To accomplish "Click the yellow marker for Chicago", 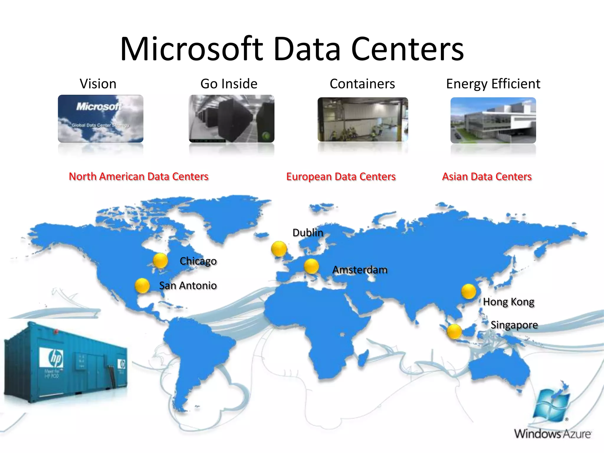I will click(x=160, y=260).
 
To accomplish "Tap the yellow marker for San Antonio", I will click(x=142, y=285).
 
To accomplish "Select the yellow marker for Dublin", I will click(x=279, y=249).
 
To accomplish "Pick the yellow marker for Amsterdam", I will click(x=311, y=266).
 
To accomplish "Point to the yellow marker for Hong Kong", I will click(x=468, y=291).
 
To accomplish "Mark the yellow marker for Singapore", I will click(x=454, y=331).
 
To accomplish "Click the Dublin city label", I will click(x=308, y=233).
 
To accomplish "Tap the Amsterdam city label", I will click(x=360, y=270).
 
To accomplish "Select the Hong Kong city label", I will click(x=508, y=302).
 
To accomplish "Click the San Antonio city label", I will click(x=188, y=285).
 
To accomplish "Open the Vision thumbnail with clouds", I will click(x=101, y=119).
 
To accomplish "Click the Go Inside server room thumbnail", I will click(x=232, y=119).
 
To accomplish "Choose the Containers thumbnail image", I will click(x=363, y=119).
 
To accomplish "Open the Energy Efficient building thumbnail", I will click(x=493, y=120).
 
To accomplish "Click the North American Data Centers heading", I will click(x=139, y=176).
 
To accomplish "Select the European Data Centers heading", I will click(x=341, y=176).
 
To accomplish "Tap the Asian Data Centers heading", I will click(x=487, y=176).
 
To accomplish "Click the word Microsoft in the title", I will click(x=192, y=49).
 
